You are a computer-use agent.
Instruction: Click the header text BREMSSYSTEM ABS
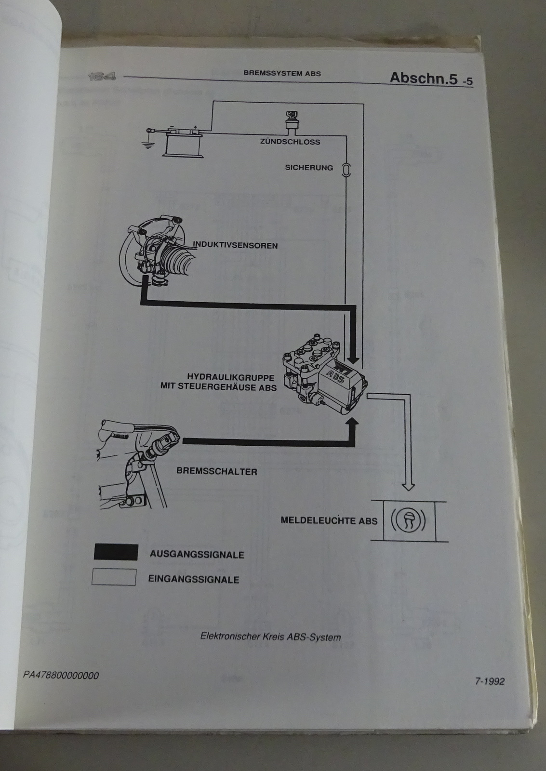pos(282,74)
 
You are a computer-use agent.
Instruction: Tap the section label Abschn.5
pos(424,78)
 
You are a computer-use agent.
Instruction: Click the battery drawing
pos(183,141)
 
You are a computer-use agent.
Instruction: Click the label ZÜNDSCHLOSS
pos(290,142)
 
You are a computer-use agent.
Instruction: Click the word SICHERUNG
pos(309,168)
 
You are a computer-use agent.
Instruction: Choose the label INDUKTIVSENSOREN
pos(235,245)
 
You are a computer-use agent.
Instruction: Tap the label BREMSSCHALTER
pos(217,471)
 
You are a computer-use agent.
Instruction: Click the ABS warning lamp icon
pos(408,521)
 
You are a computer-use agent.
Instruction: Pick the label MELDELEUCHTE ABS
pos(329,520)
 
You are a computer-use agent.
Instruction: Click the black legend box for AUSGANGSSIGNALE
pos(116,552)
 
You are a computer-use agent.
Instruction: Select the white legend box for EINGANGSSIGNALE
pos(114,577)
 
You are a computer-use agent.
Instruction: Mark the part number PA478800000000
pos(61,675)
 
